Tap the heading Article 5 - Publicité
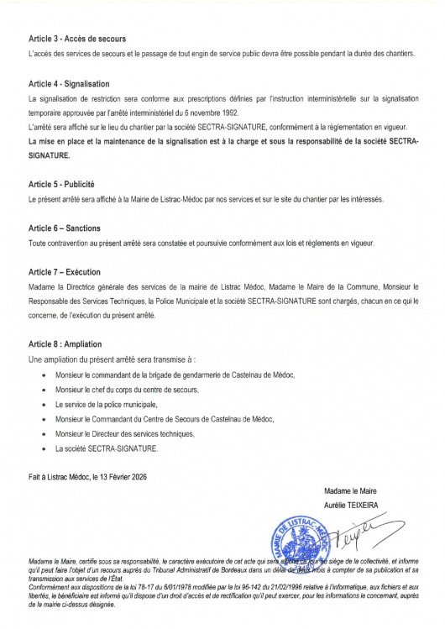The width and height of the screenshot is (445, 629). click(61, 185)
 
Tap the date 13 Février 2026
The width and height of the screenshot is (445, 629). click(128, 476)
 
